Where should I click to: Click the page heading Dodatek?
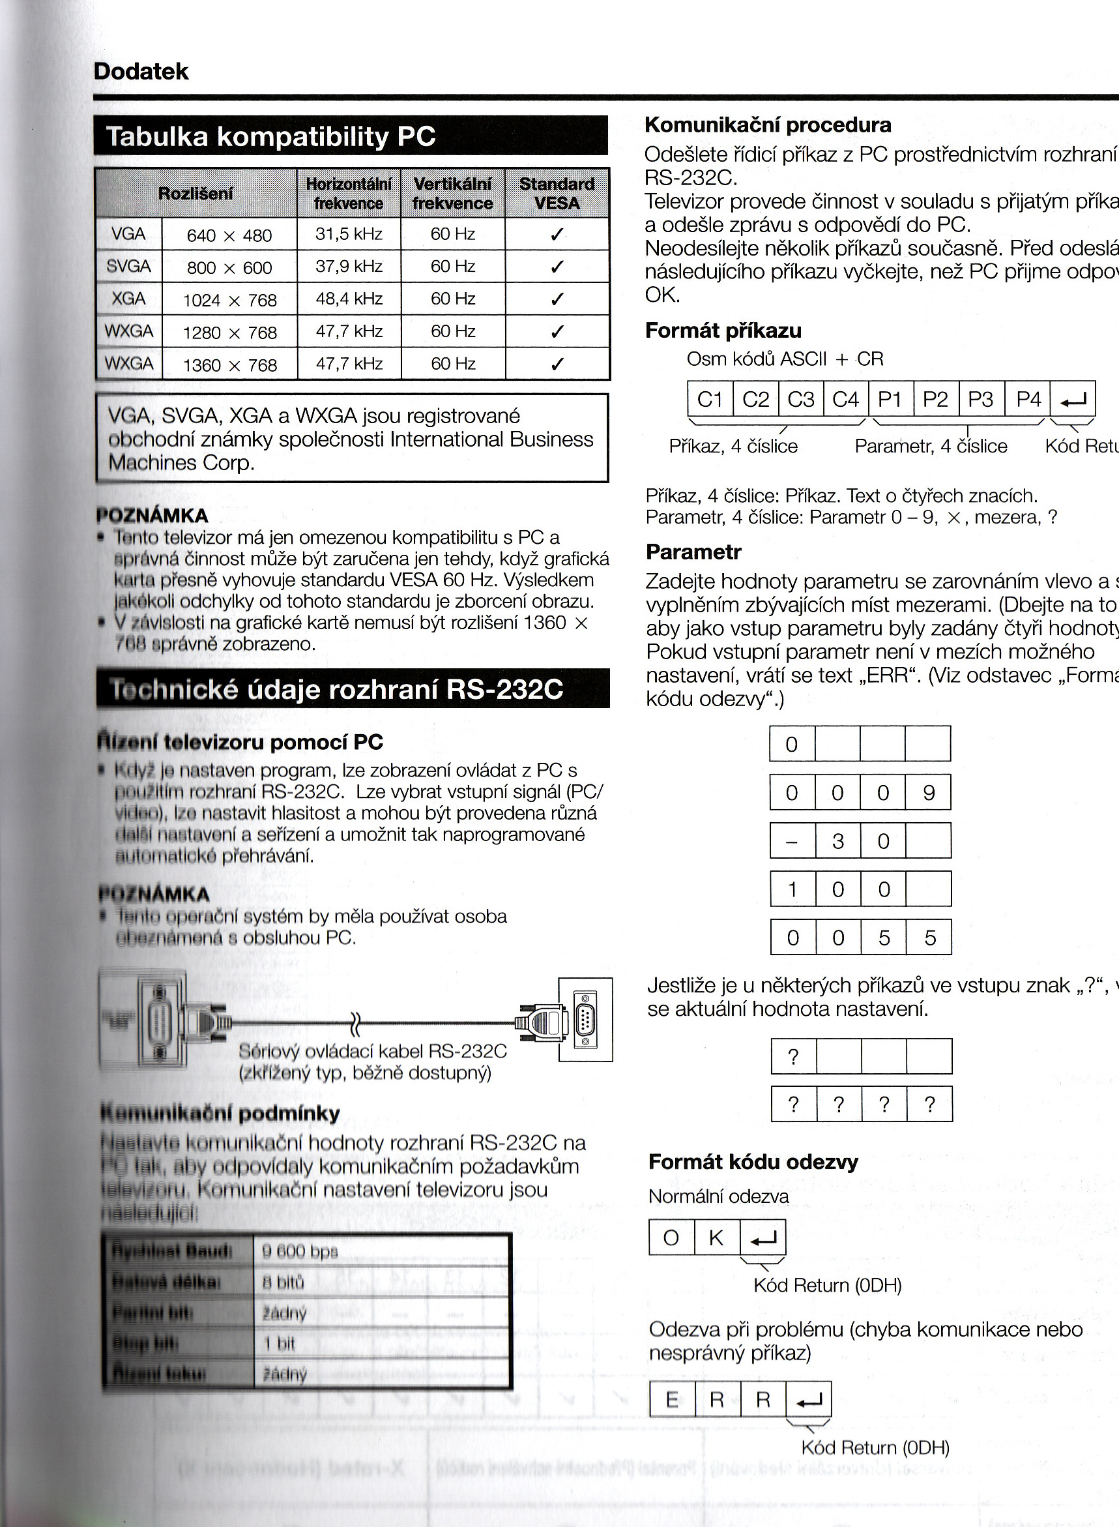click(141, 72)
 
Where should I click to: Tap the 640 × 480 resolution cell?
click(229, 235)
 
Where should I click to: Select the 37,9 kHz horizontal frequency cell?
click(349, 266)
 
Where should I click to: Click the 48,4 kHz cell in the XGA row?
click(349, 299)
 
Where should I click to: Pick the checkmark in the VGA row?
click(557, 235)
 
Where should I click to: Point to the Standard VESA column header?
click(557, 193)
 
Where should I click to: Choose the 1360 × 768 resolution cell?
click(229, 365)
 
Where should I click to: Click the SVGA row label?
click(128, 266)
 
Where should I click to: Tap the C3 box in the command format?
click(801, 400)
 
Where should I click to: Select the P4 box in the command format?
click(1028, 400)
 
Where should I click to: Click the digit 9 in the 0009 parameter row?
click(929, 793)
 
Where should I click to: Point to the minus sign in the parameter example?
click(792, 841)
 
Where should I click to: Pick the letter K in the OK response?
click(716, 1238)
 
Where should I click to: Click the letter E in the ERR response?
click(671, 1400)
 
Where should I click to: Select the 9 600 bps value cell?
click(299, 1251)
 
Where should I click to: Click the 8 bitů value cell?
click(283, 1282)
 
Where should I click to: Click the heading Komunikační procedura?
click(768, 125)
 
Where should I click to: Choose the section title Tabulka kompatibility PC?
click(271, 137)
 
